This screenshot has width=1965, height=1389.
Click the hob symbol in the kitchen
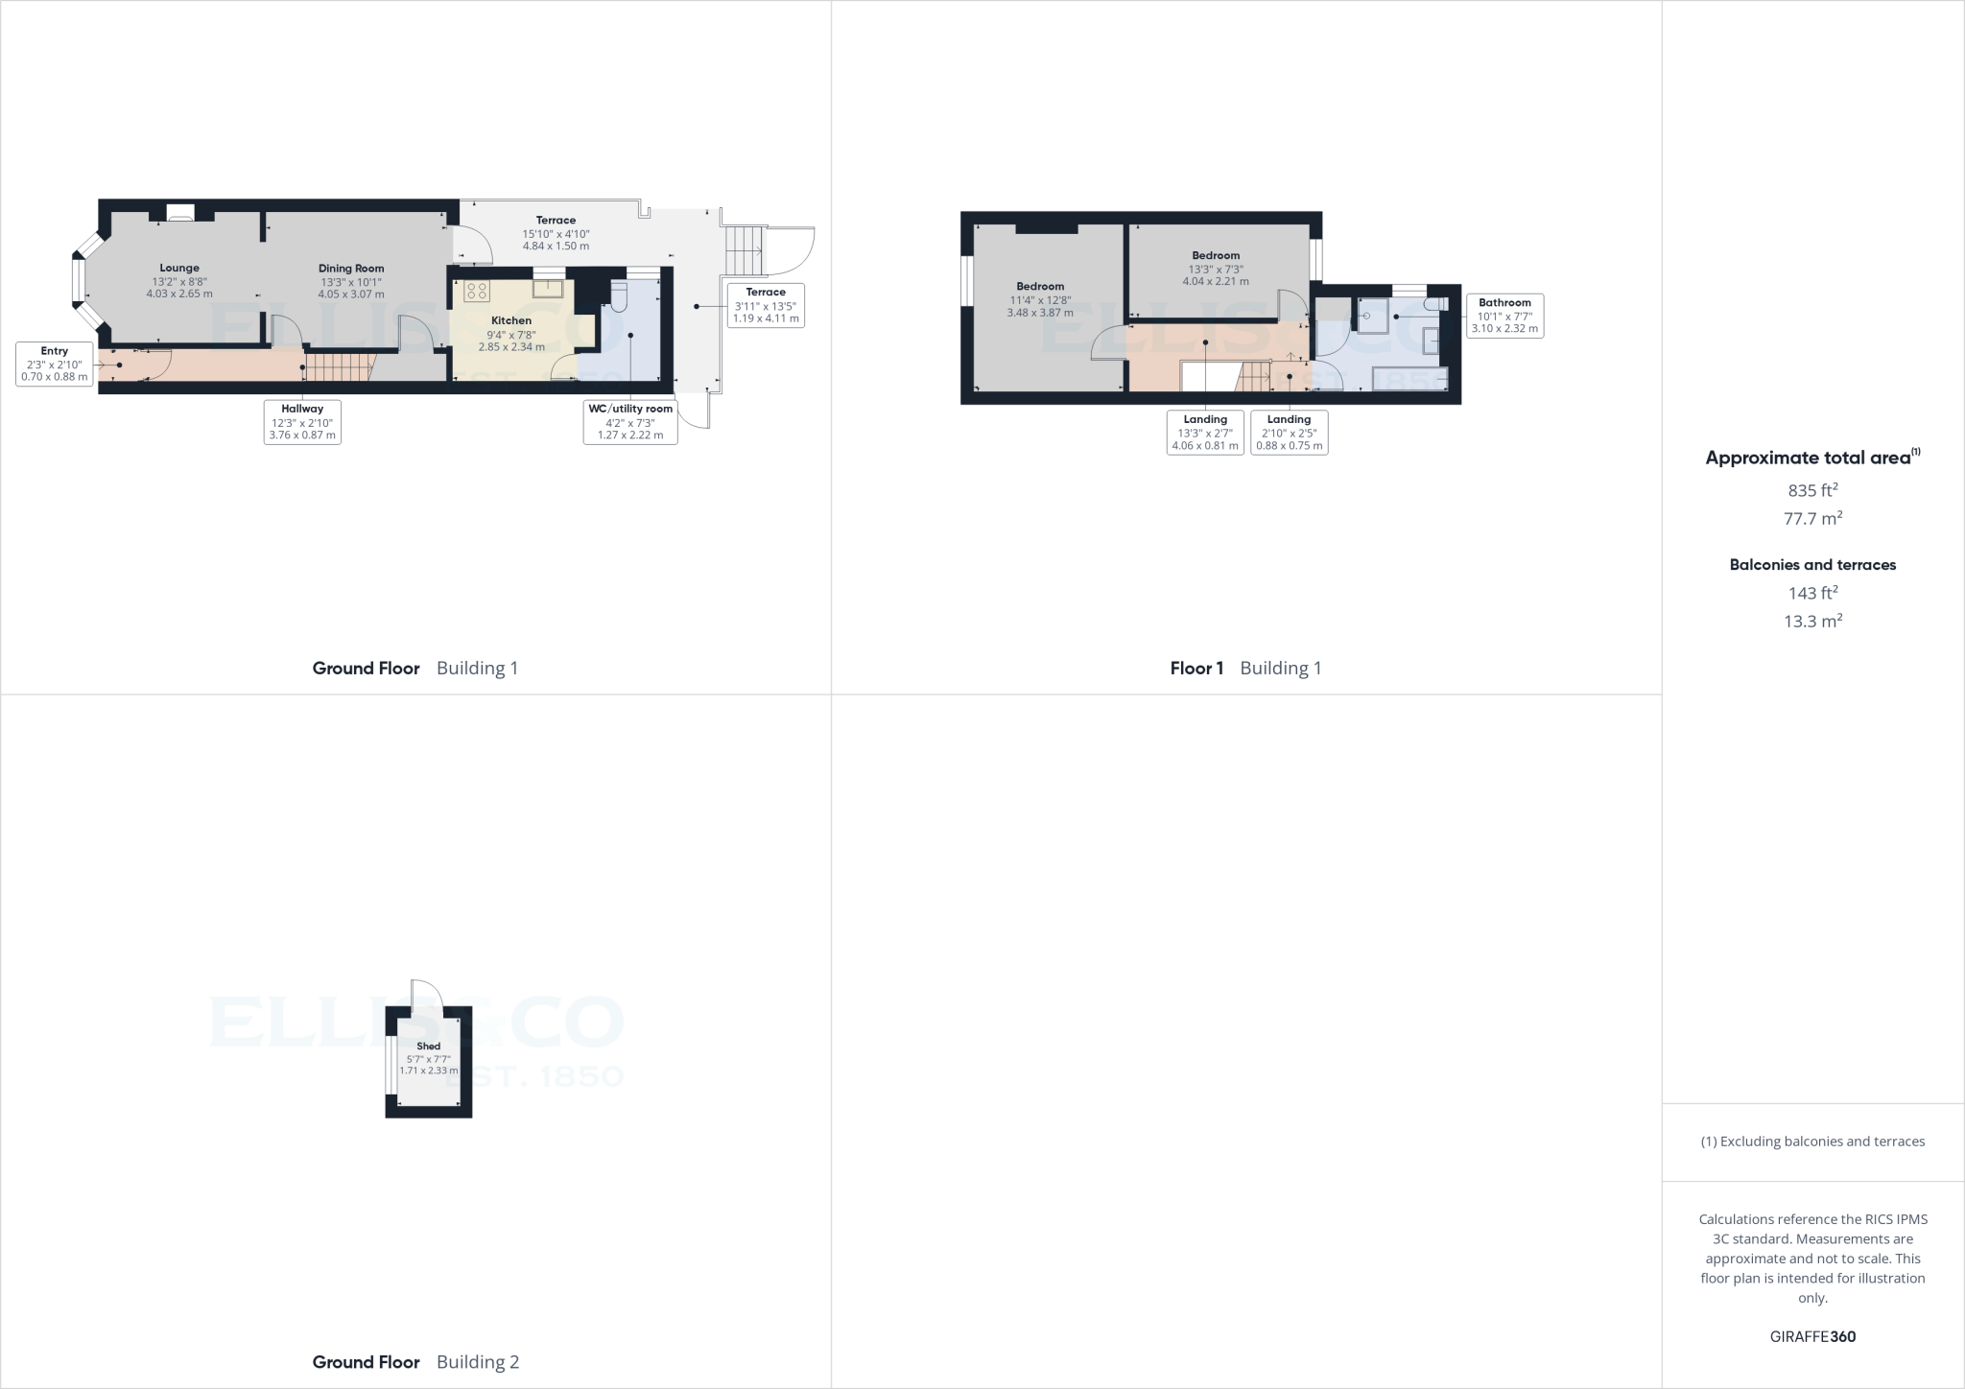point(476,291)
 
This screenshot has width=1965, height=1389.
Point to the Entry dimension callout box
point(55,365)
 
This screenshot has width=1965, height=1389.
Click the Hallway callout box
point(302,422)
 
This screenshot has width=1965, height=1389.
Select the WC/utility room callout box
point(630,422)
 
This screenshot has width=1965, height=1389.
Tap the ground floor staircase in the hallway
point(337,366)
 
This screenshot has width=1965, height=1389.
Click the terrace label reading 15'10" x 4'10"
point(556,233)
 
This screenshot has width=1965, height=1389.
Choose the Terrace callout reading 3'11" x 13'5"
point(766,305)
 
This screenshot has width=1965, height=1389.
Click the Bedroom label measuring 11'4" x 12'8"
point(1040,299)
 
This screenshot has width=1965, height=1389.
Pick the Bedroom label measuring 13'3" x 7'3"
point(1216,269)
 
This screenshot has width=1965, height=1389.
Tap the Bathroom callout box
point(1504,316)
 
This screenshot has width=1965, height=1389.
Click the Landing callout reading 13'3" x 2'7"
point(1205,433)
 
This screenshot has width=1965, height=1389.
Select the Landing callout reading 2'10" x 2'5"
point(1289,433)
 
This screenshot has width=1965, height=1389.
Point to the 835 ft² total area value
point(1812,490)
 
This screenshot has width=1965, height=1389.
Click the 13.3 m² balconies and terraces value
point(1812,621)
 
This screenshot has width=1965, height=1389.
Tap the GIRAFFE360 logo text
point(1812,1336)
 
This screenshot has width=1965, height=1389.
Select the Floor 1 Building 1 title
point(1245,669)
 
